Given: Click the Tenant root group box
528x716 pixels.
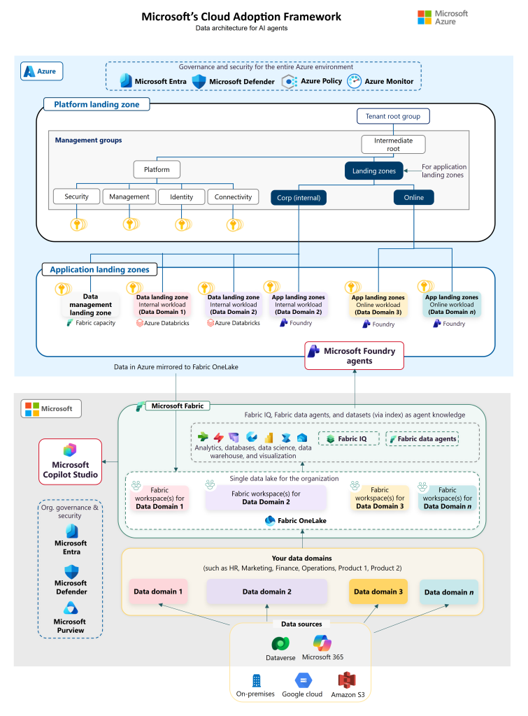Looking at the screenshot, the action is pos(393,116).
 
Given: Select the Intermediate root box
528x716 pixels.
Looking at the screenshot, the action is pos(393,144).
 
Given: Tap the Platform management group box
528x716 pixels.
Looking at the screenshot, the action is pos(157,169).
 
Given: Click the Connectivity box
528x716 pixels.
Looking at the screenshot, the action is pos(233,196).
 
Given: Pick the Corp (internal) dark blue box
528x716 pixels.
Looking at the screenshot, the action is pos(299,198).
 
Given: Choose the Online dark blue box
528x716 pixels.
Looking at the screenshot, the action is pos(414,197).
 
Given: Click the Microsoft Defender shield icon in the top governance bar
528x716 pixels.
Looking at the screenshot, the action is pos(199,81).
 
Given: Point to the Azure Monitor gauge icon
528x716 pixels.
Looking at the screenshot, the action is pos(354,81).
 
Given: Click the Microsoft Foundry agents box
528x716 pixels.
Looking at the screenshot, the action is pos(355,356).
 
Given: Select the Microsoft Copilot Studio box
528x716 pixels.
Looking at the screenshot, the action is pos(71,461).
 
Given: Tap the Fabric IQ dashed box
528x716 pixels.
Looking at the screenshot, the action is pos(349,439).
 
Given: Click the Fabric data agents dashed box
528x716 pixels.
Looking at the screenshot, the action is pos(422,439).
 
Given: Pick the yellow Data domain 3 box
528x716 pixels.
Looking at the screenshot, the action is pos(378,592).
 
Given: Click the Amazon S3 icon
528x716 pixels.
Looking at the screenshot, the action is pos(347,680).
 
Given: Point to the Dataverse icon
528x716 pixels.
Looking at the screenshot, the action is pos(280,644).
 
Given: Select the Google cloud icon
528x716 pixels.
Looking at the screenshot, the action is pos(304,680).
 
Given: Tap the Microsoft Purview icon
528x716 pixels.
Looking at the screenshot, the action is pos(71,608).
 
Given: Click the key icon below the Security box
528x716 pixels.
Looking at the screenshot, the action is pos(78,224).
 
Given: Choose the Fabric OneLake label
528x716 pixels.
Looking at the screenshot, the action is pos(302,520).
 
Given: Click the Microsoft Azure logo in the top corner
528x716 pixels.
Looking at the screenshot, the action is pos(443,17).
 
